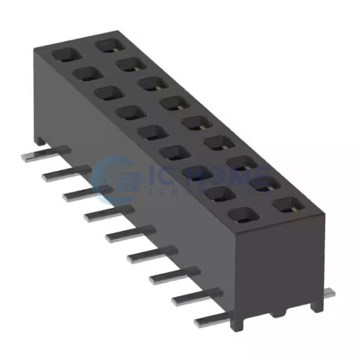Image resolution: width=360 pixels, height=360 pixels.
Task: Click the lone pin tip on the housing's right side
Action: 329,292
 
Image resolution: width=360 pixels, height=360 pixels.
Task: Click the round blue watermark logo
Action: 120,175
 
